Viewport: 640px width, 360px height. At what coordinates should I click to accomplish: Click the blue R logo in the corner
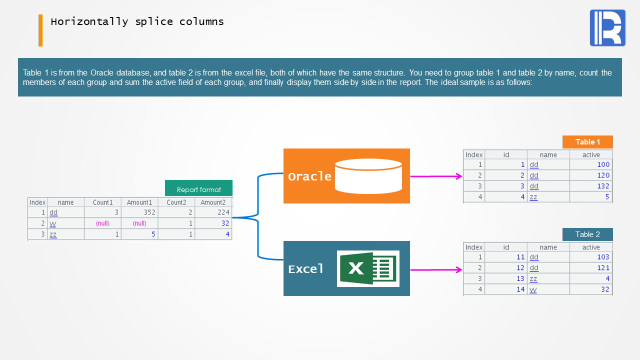tap(607, 27)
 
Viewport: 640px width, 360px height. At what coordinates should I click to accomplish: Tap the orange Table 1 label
tap(587, 142)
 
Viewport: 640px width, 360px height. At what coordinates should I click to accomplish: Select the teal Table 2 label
tap(587, 234)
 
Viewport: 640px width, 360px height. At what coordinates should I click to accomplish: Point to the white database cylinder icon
tap(368, 176)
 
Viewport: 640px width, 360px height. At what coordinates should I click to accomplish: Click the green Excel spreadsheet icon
tap(368, 268)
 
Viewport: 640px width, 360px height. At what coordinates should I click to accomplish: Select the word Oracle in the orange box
tap(309, 176)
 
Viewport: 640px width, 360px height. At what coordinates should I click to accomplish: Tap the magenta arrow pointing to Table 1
tap(436, 176)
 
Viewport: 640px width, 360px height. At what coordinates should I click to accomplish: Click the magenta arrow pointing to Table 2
tap(436, 269)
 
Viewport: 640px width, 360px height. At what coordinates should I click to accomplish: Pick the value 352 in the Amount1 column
tap(149, 212)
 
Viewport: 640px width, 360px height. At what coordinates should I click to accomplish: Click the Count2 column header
tap(176, 202)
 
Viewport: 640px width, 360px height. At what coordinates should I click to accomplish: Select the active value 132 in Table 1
tap(603, 186)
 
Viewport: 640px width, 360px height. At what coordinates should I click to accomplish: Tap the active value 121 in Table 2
tap(603, 267)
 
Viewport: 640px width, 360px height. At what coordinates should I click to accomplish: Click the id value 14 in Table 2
tap(520, 289)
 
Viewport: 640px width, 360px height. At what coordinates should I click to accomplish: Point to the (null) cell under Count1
tap(102, 223)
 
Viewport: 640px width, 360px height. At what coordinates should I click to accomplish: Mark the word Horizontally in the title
tap(89, 21)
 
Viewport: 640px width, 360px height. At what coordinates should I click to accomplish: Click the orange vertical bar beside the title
tap(40, 30)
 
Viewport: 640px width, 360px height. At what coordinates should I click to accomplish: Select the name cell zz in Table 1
tap(533, 197)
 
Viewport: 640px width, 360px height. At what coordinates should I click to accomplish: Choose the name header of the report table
tap(65, 202)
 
